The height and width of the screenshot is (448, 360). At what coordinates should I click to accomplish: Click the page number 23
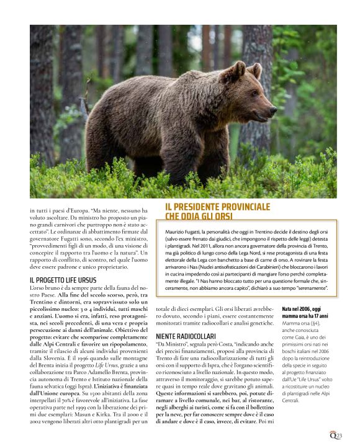(x=339, y=436)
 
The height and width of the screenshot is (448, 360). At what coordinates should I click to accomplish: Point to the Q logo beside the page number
(x=332, y=436)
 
